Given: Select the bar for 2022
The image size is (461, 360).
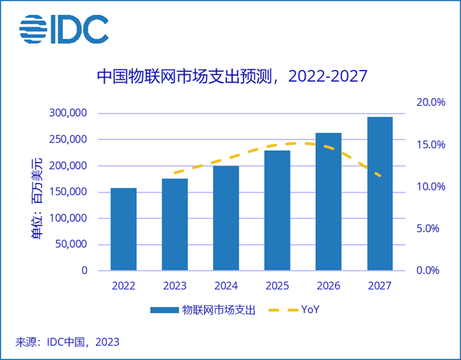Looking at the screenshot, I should pos(123,229).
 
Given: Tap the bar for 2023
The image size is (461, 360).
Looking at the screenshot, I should pos(174,225).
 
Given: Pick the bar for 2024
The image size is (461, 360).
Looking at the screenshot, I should pos(226,218).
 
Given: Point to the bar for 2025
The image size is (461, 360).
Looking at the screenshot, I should pos(277,210).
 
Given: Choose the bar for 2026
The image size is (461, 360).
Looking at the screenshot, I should pos(328,201).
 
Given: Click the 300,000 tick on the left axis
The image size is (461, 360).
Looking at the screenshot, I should pos(67,114).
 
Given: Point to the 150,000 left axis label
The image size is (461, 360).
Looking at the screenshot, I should pos(67,192).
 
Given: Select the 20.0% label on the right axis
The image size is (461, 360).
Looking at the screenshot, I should pos(430,103).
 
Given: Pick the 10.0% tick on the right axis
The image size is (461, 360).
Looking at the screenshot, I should pos(430,187).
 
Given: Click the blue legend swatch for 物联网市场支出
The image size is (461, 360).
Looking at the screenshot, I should pos(164,311).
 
